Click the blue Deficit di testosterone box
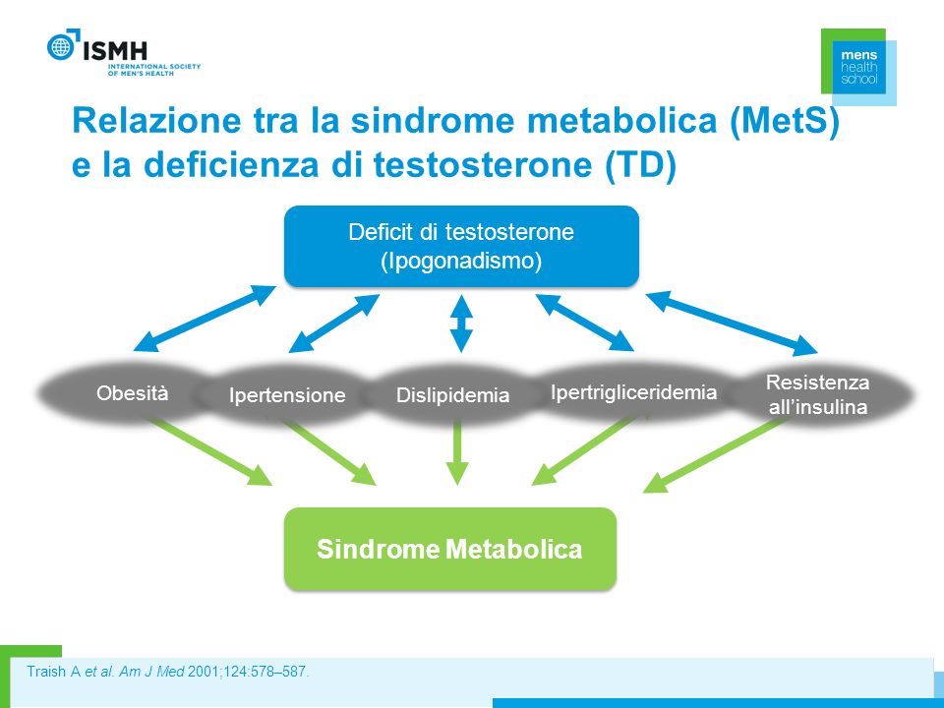[x=461, y=246]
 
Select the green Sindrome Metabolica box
[x=449, y=549]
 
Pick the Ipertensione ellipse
[x=287, y=395]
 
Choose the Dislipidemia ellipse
[x=452, y=395]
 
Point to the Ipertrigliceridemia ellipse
[x=633, y=392]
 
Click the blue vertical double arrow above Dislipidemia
[x=461, y=324]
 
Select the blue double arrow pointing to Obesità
[x=205, y=318]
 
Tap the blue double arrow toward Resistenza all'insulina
[x=732, y=323]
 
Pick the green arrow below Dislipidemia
[x=457, y=452]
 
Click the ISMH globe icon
[x=61, y=46]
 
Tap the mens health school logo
[x=858, y=66]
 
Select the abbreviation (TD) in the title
[x=640, y=164]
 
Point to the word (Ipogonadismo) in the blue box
[x=462, y=262]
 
